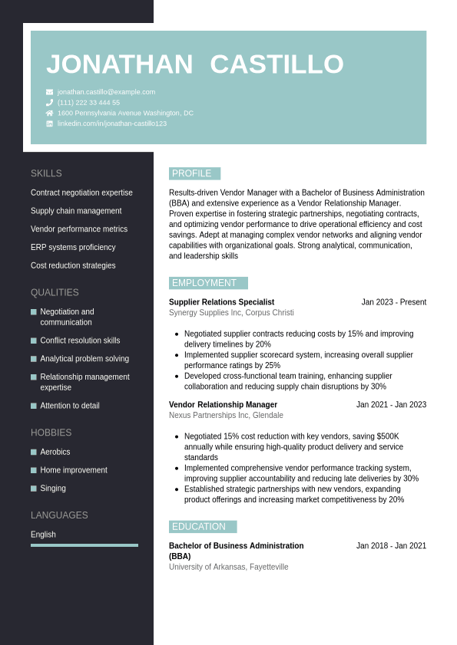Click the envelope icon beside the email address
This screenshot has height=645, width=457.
coord(50,92)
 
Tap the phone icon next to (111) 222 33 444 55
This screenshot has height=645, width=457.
coord(50,102)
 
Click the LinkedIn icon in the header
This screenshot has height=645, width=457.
coord(50,123)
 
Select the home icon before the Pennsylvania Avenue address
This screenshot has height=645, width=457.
coord(50,113)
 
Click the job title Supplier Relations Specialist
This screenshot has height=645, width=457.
coord(221,302)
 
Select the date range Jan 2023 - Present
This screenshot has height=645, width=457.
coord(393,302)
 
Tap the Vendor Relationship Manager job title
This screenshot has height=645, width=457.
coord(223,405)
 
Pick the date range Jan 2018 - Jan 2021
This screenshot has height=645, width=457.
coord(391,546)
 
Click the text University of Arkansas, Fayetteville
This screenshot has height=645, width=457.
coord(228,567)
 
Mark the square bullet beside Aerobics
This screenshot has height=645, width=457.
coord(34,452)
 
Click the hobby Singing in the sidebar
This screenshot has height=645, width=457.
coord(53,489)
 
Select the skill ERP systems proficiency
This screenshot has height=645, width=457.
coord(73,248)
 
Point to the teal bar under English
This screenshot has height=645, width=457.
coord(84,545)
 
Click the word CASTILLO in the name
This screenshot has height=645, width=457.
coord(277,64)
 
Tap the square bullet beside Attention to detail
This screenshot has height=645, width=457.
coord(34,406)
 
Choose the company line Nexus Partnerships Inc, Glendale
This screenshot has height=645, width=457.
coord(226,416)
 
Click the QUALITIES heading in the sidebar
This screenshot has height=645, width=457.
coord(55,293)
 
